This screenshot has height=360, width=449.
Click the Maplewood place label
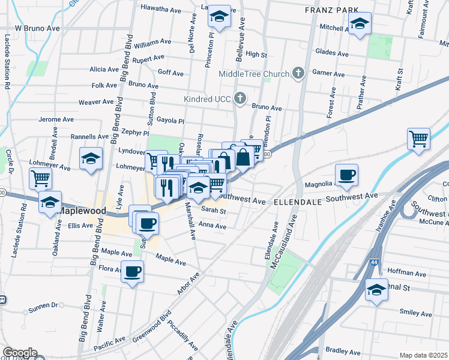tap(82, 211)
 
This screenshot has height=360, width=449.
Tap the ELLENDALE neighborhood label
tap(299, 203)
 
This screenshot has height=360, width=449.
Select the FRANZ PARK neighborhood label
tap(331, 10)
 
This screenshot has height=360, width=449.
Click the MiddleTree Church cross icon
tap(298, 74)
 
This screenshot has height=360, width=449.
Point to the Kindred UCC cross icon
tap(240, 98)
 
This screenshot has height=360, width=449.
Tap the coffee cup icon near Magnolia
tap(346, 175)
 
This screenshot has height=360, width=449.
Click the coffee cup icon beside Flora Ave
tap(133, 271)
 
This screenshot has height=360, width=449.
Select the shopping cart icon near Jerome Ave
tap(418, 139)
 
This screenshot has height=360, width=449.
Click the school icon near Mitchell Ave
tap(360, 24)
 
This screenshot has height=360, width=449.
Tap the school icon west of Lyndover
tap(91, 158)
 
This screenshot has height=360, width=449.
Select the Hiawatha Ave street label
tap(160, 8)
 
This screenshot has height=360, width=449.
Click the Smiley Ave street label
tap(415, 313)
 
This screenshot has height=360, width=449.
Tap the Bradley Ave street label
tap(344, 352)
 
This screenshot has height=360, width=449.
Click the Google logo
tap(19, 353)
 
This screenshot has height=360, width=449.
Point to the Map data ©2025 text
tap(423, 355)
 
